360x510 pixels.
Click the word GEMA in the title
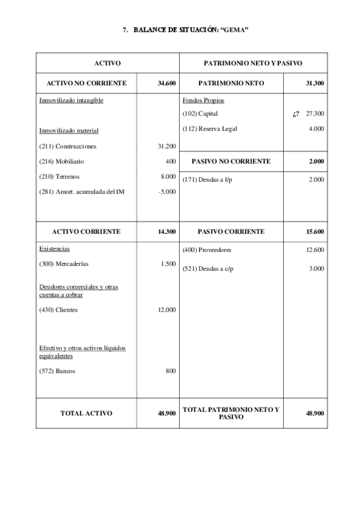click(237, 29)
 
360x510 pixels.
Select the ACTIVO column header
click(108, 63)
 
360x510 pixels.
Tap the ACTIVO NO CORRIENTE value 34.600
click(166, 84)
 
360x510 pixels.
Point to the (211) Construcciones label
click(67, 146)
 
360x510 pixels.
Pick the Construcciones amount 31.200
click(166, 146)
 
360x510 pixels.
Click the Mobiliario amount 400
click(170, 161)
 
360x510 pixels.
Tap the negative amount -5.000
click(166, 192)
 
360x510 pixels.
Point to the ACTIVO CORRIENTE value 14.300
click(166, 231)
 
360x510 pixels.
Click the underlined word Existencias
click(54, 248)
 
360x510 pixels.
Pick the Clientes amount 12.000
click(166, 310)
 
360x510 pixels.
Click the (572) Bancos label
click(57, 371)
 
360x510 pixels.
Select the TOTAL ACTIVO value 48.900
click(166, 413)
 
